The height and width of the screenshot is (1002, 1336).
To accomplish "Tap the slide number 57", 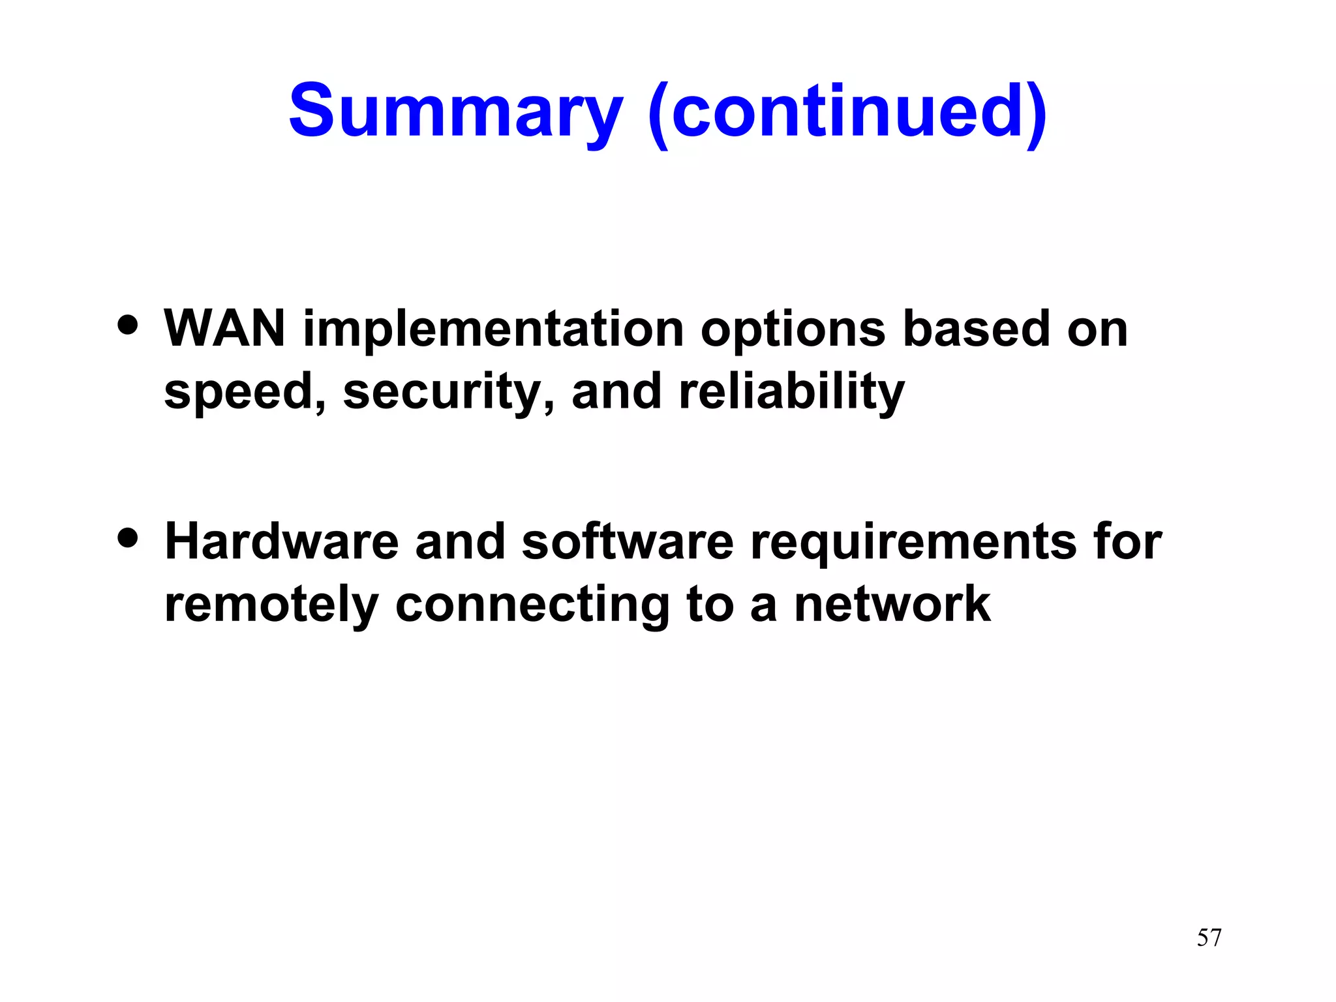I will [1209, 938].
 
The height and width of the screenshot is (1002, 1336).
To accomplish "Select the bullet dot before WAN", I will [128, 324].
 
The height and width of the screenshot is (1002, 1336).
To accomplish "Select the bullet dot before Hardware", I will [128, 538].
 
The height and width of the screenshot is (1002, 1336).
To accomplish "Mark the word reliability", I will [791, 393].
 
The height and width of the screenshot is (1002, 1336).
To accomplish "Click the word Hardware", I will [281, 541].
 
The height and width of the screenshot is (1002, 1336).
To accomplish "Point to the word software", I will [628, 541].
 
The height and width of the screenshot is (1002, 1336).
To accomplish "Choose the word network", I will [892, 604].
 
